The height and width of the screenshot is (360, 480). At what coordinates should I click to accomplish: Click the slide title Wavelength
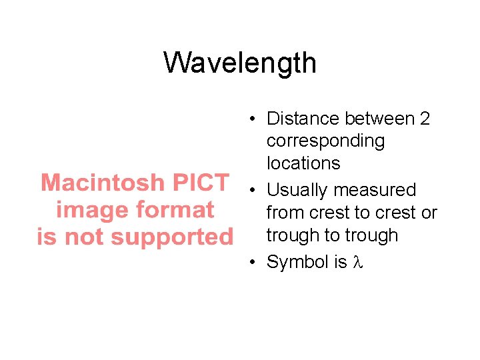pos(240,63)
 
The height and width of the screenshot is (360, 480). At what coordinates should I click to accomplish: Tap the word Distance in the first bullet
pos(303,119)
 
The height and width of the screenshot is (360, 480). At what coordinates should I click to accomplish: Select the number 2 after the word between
pos(424,119)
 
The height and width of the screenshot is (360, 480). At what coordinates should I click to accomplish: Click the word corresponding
pos(325,141)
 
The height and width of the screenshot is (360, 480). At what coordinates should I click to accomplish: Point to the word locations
pos(303,163)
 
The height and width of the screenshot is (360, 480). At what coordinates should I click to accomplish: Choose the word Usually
pos(297,191)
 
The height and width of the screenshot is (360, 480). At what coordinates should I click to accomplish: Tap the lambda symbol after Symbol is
pos(357,263)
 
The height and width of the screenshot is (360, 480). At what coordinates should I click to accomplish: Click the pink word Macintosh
pos(102,183)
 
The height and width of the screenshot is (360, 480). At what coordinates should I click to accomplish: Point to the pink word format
pos(175,210)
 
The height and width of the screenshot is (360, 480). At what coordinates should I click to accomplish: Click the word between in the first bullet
pos(377,119)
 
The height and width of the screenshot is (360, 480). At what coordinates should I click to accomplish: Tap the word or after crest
pos(429,213)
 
